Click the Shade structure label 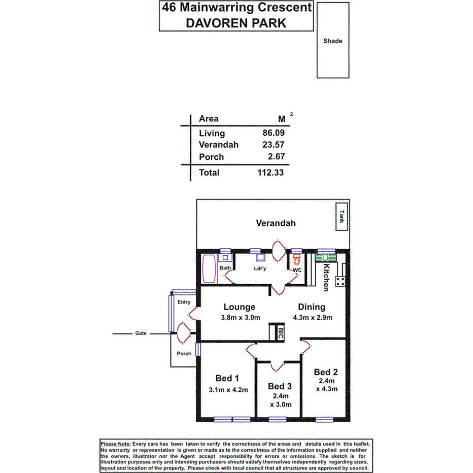click(333, 41)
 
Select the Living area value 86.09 click(271, 133)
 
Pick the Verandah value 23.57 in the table click(271, 145)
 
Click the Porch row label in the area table click(211, 157)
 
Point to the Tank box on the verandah click(342, 217)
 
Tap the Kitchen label click(327, 278)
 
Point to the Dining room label click(312, 307)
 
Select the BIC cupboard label click(280, 332)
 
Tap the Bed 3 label click(280, 387)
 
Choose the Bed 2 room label click(325, 371)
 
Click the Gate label click(141, 333)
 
